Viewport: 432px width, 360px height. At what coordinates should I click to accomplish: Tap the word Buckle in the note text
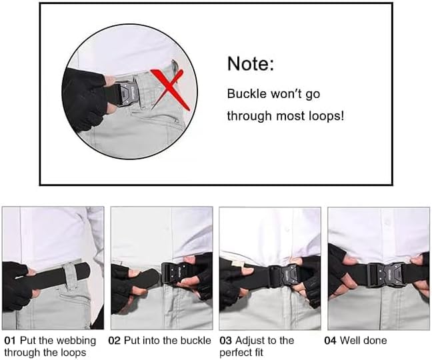point(245,93)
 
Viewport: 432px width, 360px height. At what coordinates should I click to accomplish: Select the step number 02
point(115,341)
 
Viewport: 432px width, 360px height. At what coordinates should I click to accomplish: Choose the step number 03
point(226,341)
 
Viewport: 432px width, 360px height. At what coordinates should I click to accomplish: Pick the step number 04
point(331,341)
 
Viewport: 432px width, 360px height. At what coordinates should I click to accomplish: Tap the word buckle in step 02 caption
point(196,341)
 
